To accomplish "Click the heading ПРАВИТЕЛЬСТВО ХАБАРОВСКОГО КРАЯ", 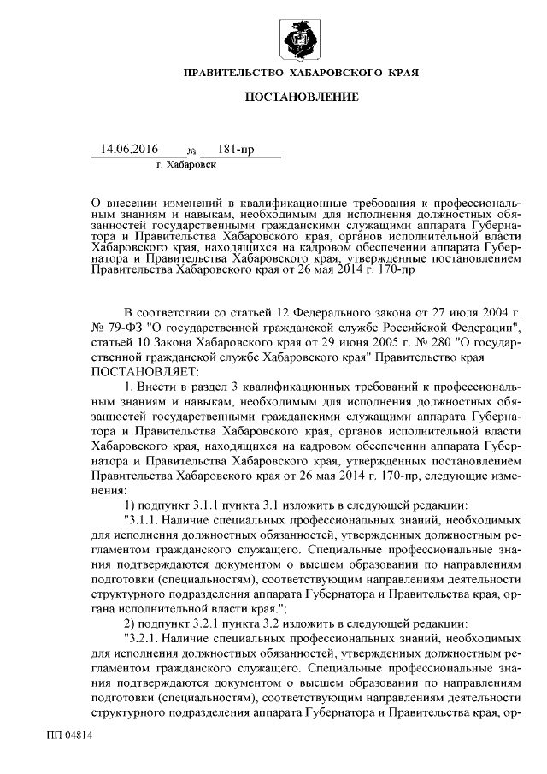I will point(301,75).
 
